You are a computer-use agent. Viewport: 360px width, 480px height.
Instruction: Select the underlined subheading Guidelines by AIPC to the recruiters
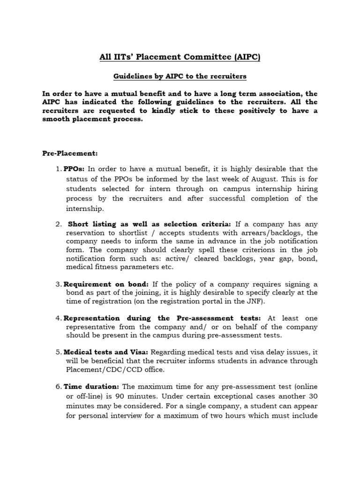180,75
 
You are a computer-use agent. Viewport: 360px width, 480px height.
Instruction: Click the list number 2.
58,224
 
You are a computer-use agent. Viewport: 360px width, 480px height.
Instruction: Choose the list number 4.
58,318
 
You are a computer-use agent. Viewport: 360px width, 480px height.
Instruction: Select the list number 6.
58,386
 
